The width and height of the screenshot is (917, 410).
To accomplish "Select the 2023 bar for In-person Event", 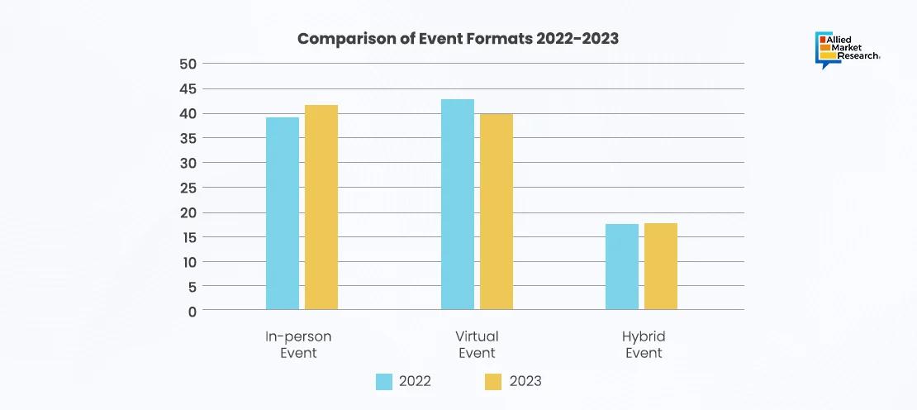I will pyautogui.click(x=321, y=207).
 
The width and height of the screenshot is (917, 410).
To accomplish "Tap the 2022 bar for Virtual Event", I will pyautogui.click(x=458, y=204).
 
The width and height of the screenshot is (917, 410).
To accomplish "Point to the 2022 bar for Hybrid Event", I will pyautogui.click(x=622, y=267).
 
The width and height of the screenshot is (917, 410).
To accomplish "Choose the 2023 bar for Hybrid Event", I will pyautogui.click(x=661, y=266).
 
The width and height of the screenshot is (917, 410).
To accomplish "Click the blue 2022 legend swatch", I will pyautogui.click(x=384, y=381).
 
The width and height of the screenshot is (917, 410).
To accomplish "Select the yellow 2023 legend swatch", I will pyautogui.click(x=493, y=381).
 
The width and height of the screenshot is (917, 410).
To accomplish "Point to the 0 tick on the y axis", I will pyautogui.click(x=192, y=312).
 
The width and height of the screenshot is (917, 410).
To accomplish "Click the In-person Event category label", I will pyautogui.click(x=298, y=345).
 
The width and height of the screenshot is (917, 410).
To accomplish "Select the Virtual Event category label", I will pyautogui.click(x=477, y=345).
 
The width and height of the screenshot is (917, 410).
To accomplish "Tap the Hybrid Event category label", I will pyautogui.click(x=644, y=345).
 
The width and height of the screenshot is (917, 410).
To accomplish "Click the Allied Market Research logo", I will pyautogui.click(x=847, y=50).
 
